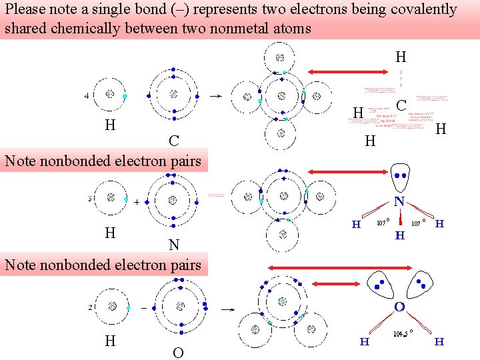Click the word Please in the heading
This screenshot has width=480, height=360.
coord(25,10)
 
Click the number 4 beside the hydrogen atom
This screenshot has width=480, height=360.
coord(86,95)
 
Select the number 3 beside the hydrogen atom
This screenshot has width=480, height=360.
coord(89,199)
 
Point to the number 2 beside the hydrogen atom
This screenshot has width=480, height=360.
coord(89,308)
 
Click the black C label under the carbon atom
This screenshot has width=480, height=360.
coord(173,141)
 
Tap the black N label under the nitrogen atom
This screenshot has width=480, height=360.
coord(174,245)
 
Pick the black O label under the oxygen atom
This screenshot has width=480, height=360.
coord(178,353)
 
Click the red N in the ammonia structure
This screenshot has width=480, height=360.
coord(399,201)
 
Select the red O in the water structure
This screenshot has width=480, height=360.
coord(399,307)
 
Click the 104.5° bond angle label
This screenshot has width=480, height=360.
coord(403,334)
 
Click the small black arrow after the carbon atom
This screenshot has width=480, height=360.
coord(215,96)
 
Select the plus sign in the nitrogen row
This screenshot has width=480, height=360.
coord(136,201)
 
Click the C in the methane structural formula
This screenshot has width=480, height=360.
coord(401,105)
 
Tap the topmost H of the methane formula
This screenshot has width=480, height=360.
coord(401,56)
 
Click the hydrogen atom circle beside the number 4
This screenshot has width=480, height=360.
coord(109,95)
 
